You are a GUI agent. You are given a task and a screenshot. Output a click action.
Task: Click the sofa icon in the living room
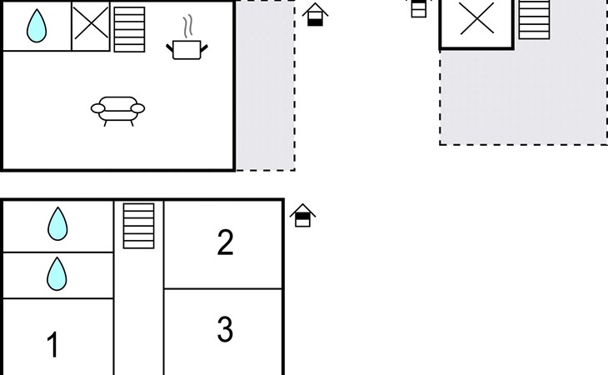118,111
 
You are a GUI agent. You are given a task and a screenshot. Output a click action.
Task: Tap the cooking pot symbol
187,50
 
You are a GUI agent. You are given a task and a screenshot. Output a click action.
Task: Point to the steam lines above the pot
188,27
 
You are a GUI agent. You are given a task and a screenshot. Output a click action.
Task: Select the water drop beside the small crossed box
37,26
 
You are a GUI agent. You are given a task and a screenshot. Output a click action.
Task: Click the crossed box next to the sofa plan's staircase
91,26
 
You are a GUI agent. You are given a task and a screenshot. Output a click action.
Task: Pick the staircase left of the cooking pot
129,29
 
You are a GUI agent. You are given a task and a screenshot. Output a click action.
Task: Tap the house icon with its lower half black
316,15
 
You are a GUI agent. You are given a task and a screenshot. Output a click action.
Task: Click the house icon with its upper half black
303,215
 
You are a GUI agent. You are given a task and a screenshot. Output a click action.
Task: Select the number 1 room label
52,344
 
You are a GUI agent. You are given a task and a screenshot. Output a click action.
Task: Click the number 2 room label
225,242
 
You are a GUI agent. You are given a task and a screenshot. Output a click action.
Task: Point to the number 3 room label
225,330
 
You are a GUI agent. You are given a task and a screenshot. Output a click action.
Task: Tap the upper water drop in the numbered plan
57,224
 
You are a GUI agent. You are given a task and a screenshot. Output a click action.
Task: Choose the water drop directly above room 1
57,274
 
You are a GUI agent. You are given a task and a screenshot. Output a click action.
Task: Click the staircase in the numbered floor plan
139,226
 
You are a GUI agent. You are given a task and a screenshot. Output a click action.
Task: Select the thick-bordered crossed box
477,24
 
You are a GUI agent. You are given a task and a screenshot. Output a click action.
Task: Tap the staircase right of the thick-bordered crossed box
535,19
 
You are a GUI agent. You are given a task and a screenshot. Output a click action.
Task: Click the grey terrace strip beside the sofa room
265,85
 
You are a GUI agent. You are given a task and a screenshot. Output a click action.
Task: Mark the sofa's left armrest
97,108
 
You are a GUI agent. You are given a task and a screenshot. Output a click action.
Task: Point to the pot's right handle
204,48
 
